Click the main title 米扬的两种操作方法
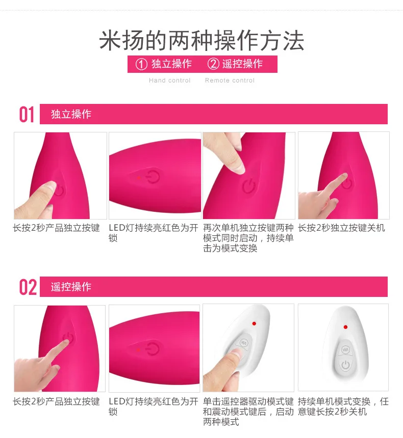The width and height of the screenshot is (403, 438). pos(202,41)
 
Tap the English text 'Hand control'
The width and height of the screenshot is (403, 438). pos(169,80)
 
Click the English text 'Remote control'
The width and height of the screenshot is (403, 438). pos(230,80)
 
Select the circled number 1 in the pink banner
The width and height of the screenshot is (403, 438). pos(141,64)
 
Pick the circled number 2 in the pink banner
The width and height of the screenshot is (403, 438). pos(213,64)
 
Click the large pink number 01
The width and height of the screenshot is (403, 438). pos(27,115)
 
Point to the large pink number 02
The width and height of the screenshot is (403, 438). pos(28,287)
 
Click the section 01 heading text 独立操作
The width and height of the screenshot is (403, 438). pos(71,114)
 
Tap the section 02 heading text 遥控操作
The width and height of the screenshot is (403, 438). pos(71,287)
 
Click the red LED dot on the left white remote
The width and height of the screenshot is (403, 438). pos(254,323)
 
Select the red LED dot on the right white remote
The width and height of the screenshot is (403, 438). pos(346,327)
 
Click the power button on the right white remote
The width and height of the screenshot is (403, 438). pos(346,365)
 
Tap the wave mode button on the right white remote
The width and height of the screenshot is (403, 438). pos(345,350)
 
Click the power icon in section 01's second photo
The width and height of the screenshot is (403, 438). pos(153,177)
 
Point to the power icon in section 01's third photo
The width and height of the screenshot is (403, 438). pos(248,186)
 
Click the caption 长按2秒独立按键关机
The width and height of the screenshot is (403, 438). pos(341,228)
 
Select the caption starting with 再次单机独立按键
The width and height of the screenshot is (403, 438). pos(248,238)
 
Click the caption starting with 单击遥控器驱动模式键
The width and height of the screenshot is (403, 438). pos(248,412)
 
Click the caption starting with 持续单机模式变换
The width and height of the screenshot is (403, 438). pos(343,407)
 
